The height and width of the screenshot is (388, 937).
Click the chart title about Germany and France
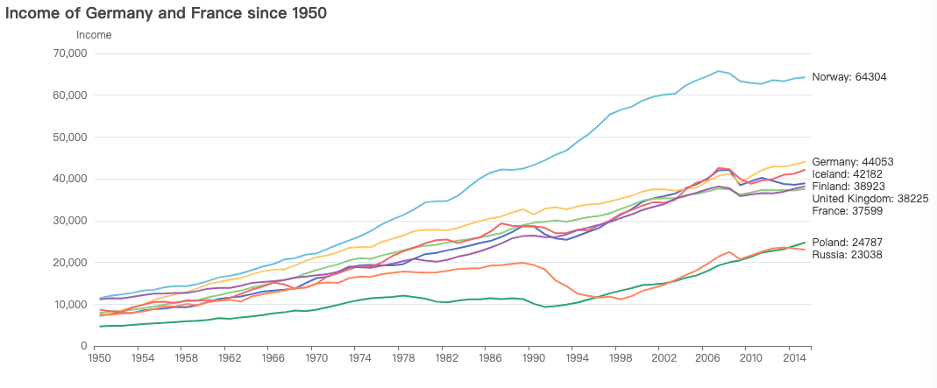tap(167, 13)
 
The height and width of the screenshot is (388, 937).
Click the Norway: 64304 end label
tap(849, 77)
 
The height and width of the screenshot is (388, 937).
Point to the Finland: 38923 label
tap(849, 187)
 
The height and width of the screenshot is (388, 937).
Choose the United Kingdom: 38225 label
tap(868, 199)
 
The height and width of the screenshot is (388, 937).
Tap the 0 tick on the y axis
tap(82, 347)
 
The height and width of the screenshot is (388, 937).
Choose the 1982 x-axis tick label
tap(447, 359)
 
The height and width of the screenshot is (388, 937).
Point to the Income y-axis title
tap(94, 35)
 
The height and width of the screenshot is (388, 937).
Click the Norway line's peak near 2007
tap(719, 71)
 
